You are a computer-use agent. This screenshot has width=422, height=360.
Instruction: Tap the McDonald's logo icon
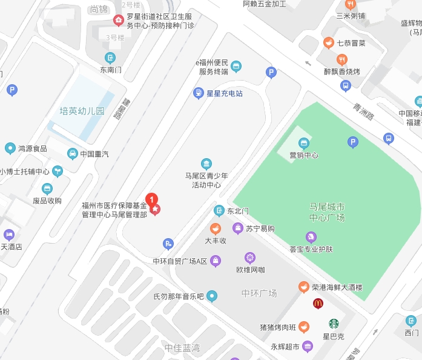318,303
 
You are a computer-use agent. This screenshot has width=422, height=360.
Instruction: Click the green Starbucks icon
334,324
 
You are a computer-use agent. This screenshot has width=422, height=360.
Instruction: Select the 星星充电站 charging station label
225,93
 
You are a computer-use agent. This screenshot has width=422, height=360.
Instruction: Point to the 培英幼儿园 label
82,112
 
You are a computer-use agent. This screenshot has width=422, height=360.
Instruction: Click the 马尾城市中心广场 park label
327,212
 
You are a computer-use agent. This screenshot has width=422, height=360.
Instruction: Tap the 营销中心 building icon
304,144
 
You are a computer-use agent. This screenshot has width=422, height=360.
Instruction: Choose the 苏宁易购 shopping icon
238,228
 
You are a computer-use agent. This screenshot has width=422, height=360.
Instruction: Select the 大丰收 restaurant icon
215,229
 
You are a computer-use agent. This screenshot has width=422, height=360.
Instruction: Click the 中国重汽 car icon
73,154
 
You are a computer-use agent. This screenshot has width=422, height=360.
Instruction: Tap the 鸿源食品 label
33,148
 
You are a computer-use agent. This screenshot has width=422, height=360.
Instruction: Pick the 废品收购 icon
47,189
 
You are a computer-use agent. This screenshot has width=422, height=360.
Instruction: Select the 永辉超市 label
285,347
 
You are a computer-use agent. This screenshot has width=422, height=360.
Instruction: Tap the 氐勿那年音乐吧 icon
211,296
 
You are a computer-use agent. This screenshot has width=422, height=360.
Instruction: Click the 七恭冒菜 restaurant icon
328,42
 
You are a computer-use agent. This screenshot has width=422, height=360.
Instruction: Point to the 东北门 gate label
238,212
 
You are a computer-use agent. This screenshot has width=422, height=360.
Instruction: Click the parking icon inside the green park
353,142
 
